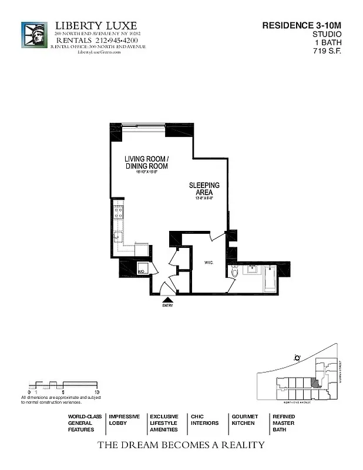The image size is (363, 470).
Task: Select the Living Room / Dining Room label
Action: pyautogui.click(x=146, y=163)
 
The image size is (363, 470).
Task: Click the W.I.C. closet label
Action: pyautogui.click(x=208, y=263)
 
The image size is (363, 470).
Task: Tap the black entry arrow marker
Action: pyautogui.click(x=167, y=300)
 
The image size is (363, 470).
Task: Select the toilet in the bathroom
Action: pyautogui.click(x=234, y=272)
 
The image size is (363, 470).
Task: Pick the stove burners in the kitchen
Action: pyautogui.click(x=117, y=211)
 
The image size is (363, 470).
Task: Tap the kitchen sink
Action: pyautogui.click(x=117, y=237)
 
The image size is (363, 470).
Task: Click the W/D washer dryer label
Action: pyautogui.click(x=142, y=271)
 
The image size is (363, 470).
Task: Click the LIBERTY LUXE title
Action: pyautogui.click(x=96, y=26)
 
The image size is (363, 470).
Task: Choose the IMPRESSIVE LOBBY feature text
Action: pyautogui.click(x=124, y=419)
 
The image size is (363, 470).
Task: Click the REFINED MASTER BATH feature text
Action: pyautogui.click(x=284, y=423)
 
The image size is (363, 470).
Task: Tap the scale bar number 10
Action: pyautogui.click(x=96, y=391)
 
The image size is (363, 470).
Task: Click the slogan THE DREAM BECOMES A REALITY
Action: pyautogui.click(x=180, y=445)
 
